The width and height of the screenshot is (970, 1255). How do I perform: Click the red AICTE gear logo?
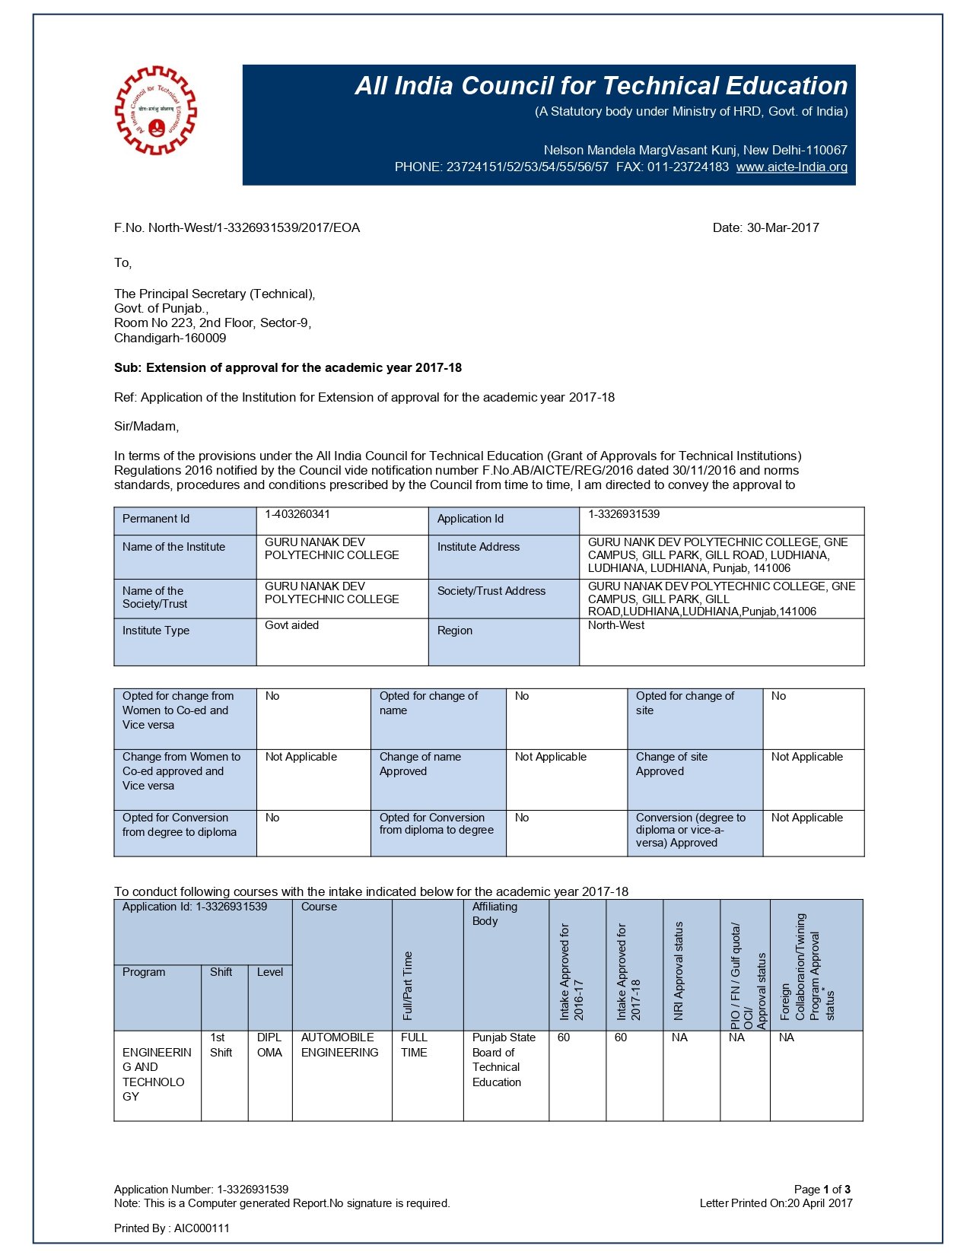tap(155, 110)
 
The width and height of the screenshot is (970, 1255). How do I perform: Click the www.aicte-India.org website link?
tap(791, 167)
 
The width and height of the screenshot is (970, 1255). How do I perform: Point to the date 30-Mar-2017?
tap(765, 227)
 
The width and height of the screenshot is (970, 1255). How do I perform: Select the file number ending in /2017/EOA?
tap(237, 227)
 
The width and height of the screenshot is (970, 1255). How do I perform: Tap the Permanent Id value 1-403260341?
tap(297, 514)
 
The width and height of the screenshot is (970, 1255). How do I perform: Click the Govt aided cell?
tap(292, 625)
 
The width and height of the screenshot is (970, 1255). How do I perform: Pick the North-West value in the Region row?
tap(616, 625)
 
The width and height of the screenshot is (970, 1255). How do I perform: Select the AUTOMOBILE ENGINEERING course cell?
tap(339, 1045)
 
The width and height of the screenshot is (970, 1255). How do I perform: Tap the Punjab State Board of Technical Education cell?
tap(504, 1060)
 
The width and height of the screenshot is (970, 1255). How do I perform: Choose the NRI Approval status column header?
tap(679, 971)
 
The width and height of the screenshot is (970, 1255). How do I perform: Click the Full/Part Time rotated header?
tap(408, 985)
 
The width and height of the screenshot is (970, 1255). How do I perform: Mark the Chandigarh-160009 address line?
tap(170, 338)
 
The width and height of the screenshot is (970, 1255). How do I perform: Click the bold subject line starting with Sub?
tap(288, 367)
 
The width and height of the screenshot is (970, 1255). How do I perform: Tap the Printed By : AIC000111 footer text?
tap(172, 1228)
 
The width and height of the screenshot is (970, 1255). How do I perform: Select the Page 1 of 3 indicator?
tap(822, 1190)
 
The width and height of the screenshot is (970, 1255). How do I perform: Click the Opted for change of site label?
tap(685, 703)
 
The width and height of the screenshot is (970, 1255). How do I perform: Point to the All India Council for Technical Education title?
tap(601, 86)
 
